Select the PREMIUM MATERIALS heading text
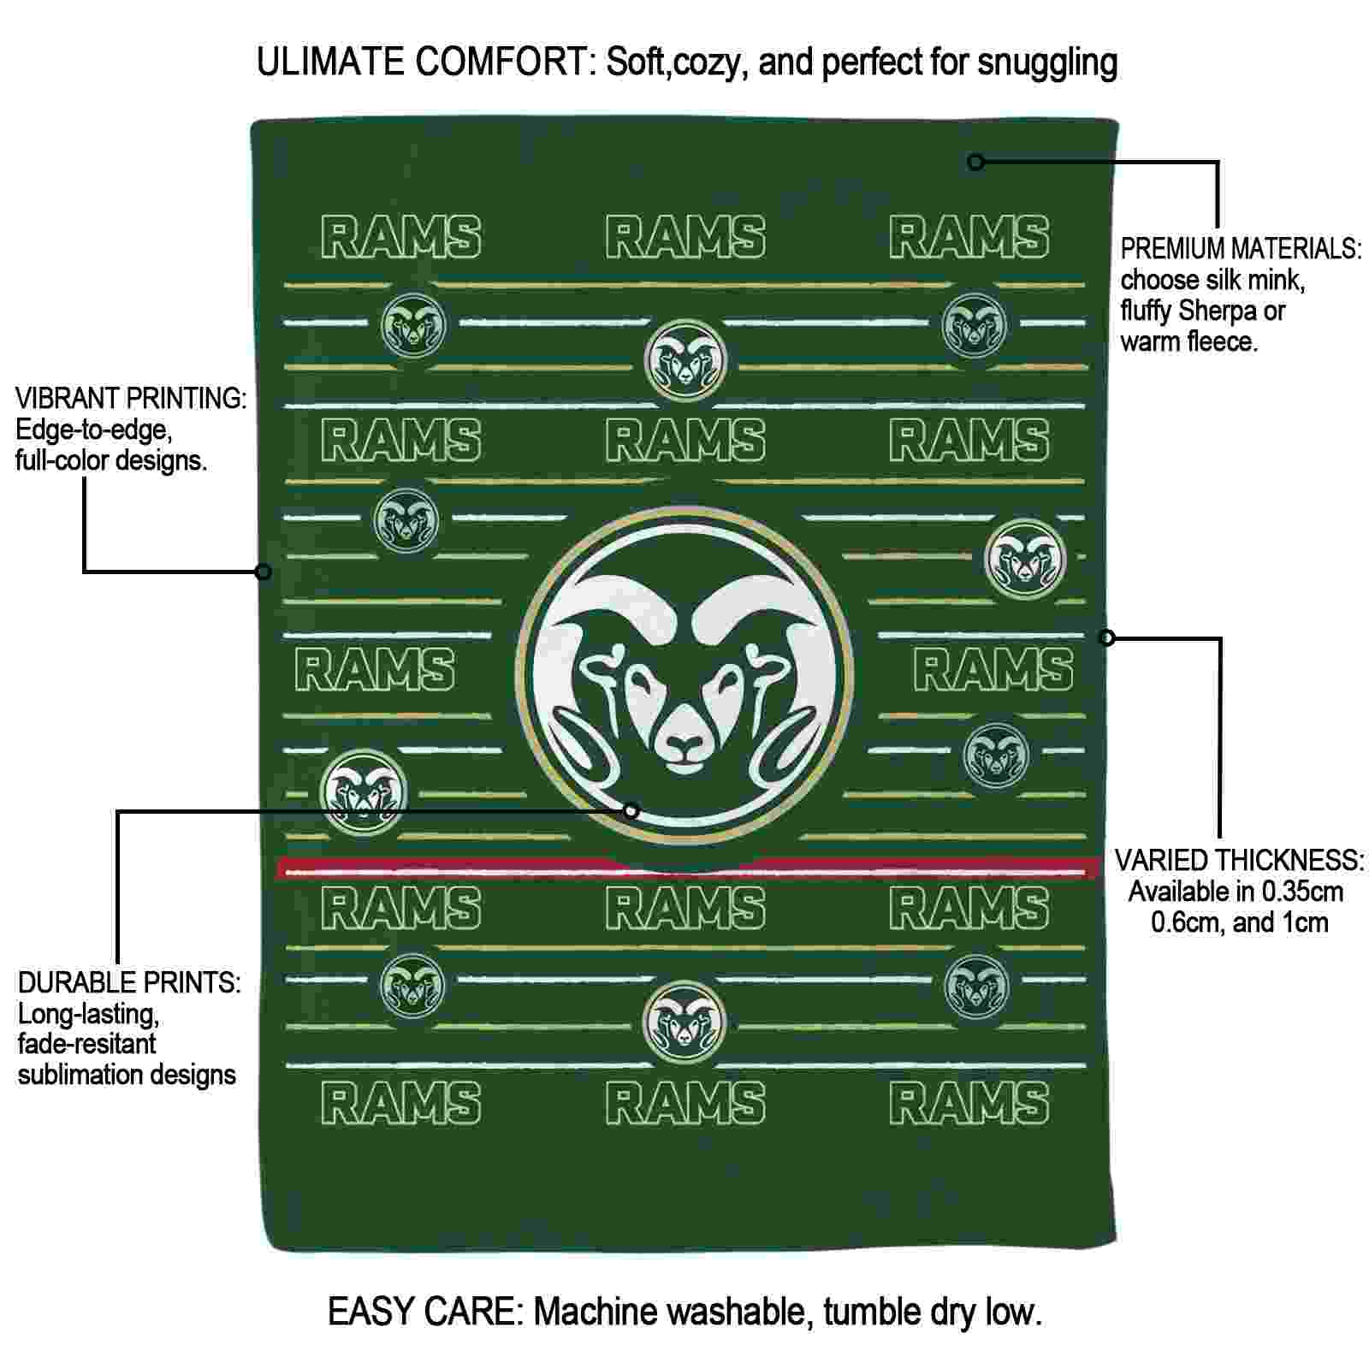click(x=1241, y=249)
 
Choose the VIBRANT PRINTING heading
click(x=131, y=399)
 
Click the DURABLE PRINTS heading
click(x=129, y=982)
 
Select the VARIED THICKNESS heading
click(x=1239, y=860)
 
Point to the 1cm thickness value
click(x=1305, y=922)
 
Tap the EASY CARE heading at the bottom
click(x=425, y=1312)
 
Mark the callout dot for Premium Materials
click(x=975, y=161)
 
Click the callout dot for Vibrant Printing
click(x=264, y=571)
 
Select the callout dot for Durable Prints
click(x=631, y=810)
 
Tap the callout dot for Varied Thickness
click(x=1106, y=637)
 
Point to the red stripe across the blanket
click(x=689, y=868)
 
